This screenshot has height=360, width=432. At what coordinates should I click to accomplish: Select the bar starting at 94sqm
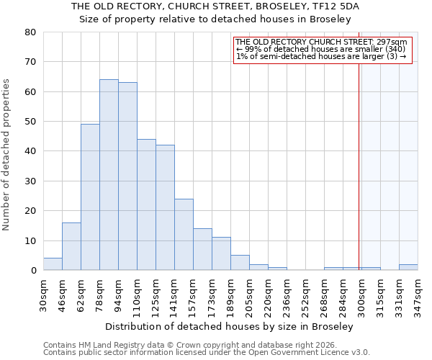(x=127, y=176)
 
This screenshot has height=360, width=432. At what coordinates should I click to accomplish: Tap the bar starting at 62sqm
(x=90, y=197)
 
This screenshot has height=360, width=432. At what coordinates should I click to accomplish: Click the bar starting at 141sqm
(x=184, y=235)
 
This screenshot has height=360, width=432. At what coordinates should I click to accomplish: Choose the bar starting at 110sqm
(x=146, y=204)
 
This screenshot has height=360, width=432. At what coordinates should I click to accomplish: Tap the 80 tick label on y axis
(x=30, y=32)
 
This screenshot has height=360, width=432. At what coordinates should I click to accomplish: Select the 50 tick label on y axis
(x=30, y=122)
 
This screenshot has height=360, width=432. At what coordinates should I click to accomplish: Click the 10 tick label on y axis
(x=30, y=240)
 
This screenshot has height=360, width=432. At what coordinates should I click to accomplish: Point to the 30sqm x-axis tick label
(x=43, y=294)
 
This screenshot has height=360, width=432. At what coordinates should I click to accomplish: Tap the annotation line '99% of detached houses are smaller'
(x=320, y=49)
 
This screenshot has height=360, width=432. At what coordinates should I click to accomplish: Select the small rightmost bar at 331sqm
(x=408, y=267)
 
